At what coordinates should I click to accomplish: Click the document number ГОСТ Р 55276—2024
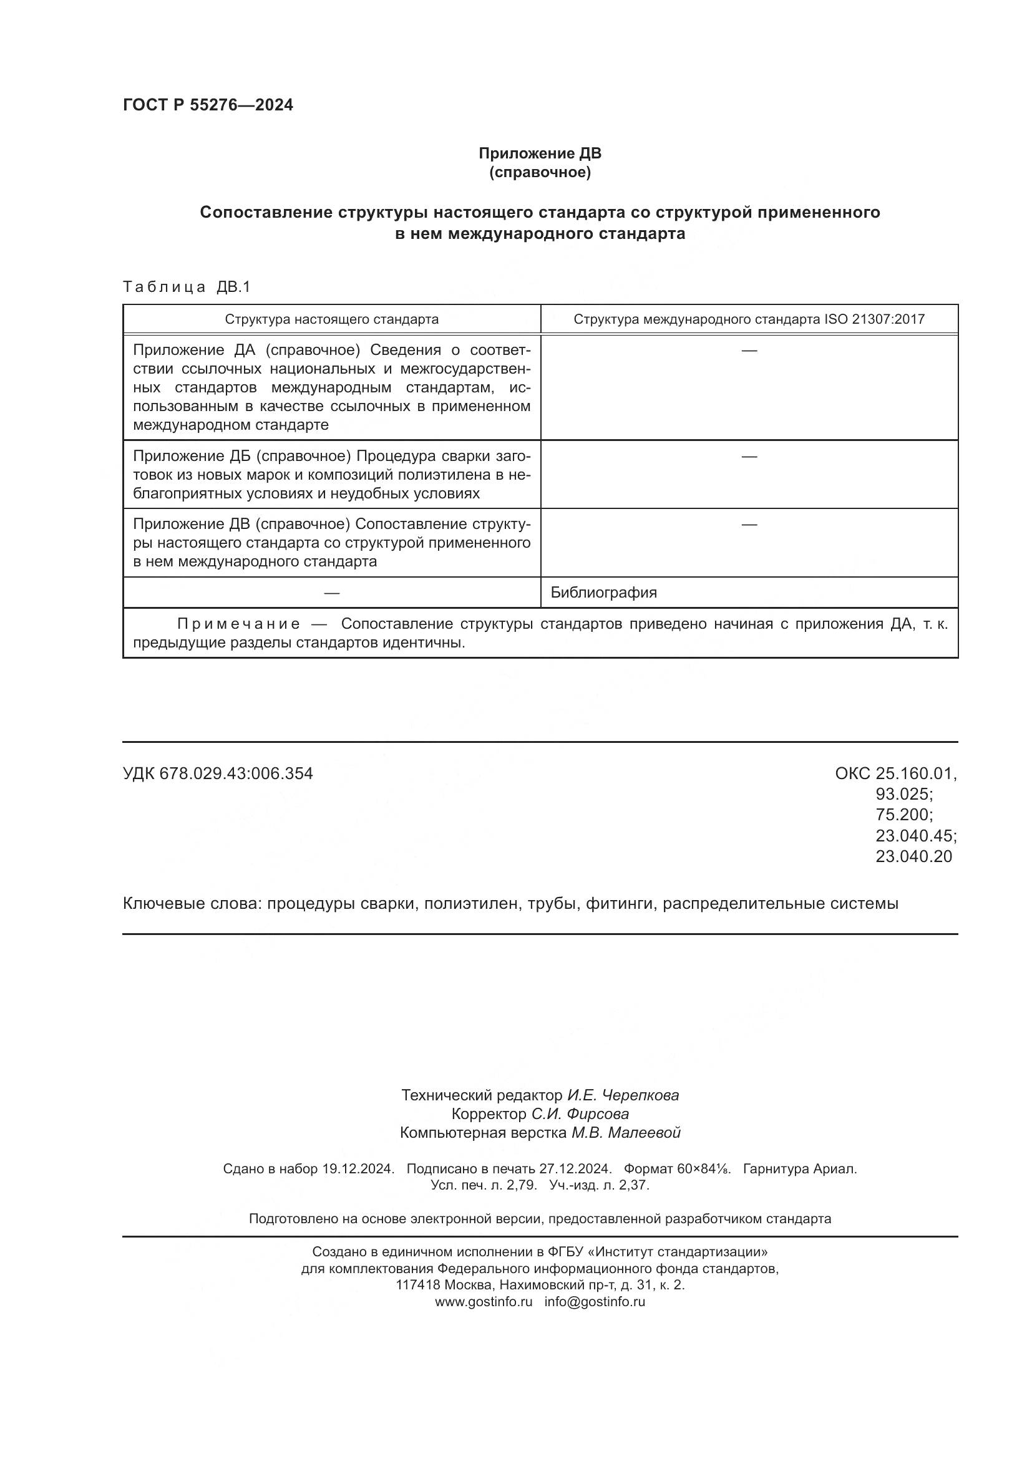(208, 105)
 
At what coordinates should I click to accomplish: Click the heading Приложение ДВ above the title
(540, 153)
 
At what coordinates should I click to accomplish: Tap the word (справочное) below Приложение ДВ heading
(540, 172)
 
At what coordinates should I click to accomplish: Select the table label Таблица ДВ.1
(187, 287)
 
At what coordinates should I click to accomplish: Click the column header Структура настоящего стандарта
(331, 319)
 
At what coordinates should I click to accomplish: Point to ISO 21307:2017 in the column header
(874, 319)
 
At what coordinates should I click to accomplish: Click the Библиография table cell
(603, 592)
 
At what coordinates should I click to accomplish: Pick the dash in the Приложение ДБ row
(749, 456)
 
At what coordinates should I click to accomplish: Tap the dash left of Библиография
(331, 592)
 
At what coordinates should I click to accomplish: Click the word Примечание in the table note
(238, 623)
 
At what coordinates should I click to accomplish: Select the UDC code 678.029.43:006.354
(236, 773)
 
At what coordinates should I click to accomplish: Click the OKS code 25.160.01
(915, 773)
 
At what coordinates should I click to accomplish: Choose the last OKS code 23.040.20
(914, 856)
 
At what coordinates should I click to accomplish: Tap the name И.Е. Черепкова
(623, 1095)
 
